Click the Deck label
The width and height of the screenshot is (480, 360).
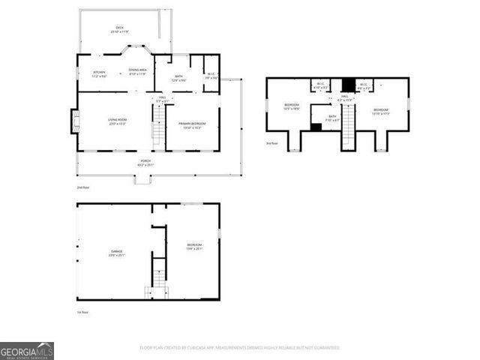point(119,28)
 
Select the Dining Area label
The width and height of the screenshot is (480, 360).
point(137,71)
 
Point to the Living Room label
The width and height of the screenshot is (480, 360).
point(116,121)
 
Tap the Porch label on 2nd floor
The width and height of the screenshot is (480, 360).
point(145,162)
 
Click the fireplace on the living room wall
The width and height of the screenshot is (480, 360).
point(75,121)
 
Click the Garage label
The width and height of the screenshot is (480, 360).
point(117,253)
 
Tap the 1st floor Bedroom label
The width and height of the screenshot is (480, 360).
point(194,247)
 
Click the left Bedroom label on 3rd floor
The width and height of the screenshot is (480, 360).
point(292,106)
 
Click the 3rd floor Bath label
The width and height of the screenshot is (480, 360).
point(332,118)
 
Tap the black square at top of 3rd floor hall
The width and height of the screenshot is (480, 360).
point(347,85)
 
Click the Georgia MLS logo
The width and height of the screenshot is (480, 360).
point(27,351)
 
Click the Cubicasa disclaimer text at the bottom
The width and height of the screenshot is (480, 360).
point(239,348)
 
